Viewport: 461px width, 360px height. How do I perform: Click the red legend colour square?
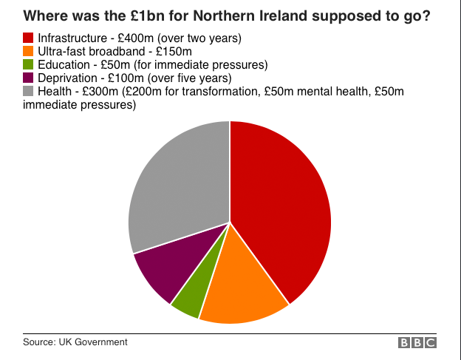coord(29,38)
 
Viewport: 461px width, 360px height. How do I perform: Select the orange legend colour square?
coord(29,51)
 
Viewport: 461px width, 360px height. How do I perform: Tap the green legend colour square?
coord(29,64)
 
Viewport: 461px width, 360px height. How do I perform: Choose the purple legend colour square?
coord(29,78)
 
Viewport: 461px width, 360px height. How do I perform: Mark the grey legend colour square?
coord(29,91)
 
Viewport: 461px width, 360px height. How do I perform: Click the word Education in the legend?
coord(63,64)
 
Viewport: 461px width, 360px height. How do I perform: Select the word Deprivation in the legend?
coord(69,78)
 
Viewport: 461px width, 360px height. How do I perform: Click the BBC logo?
coord(417,343)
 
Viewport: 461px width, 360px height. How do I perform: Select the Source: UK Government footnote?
coord(75,342)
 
